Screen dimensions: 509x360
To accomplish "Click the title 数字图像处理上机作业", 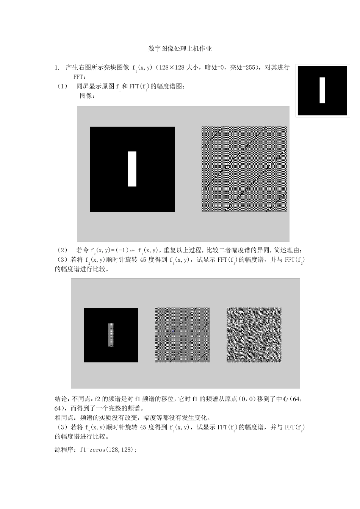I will (x=180, y=49).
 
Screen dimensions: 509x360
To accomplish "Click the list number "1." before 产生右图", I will (x=57, y=68).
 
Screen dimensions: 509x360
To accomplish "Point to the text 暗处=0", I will (x=215, y=68).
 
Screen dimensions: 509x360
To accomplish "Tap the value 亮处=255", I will (x=243, y=68).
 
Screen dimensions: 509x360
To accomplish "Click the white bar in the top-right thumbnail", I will (x=322, y=90).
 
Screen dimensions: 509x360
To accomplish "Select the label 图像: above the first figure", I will (x=87, y=96).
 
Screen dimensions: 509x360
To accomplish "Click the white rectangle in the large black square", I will (x=132, y=169).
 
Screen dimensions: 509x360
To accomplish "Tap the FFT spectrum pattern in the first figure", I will (x=244, y=169).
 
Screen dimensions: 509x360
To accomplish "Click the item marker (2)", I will (x=62, y=250).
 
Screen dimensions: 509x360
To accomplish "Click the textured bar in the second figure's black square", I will (x=111, y=335).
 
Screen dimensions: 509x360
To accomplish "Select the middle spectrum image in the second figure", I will (x=183, y=335).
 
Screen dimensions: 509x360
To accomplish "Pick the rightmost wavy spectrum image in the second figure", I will (x=254, y=335).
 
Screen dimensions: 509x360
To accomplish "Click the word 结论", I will (x=61, y=399).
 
